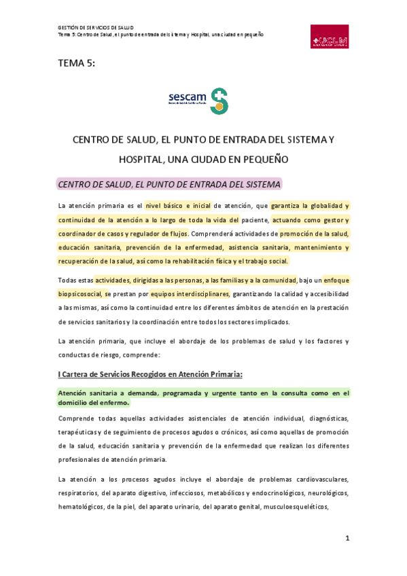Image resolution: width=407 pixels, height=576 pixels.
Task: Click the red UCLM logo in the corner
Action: click(x=330, y=37)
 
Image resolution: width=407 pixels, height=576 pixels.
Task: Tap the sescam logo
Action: click(x=198, y=100)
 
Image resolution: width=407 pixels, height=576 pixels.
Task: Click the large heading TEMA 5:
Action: click(x=77, y=64)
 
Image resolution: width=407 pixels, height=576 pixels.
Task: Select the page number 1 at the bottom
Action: click(x=347, y=538)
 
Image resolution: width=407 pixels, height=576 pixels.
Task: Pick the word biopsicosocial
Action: click(x=81, y=293)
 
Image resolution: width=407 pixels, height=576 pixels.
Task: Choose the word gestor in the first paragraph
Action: click(x=334, y=219)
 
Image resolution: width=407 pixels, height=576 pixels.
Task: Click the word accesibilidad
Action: click(x=323, y=293)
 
